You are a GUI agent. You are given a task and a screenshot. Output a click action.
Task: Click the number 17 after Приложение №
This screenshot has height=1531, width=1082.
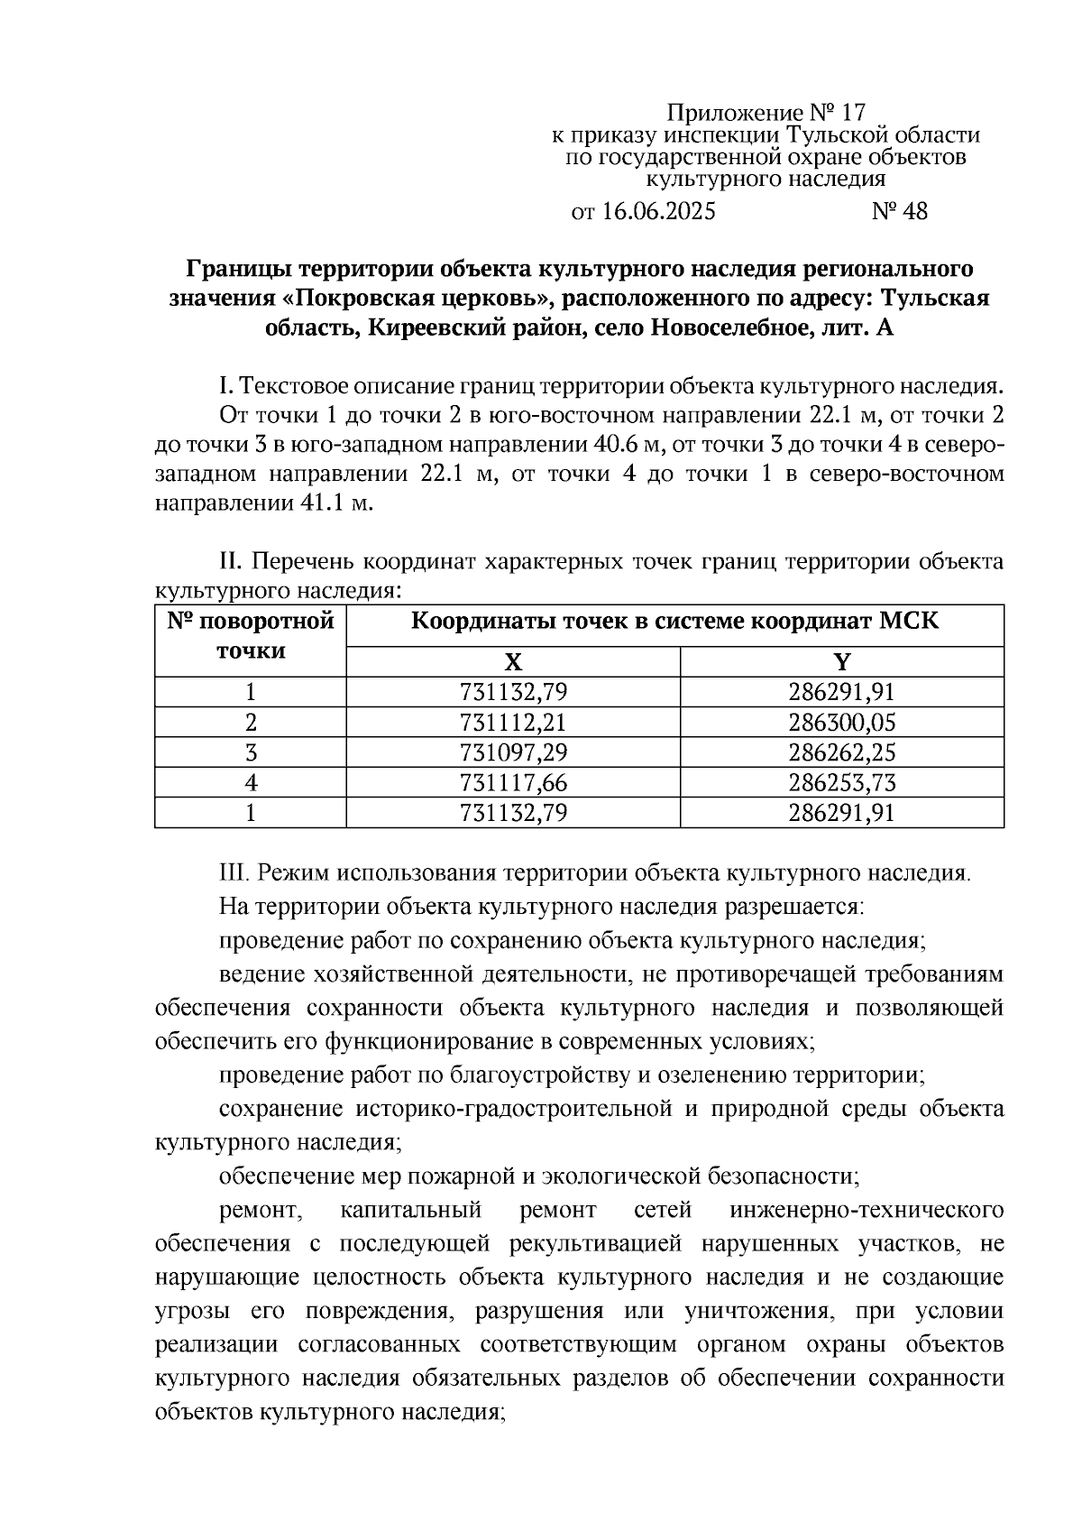[x=851, y=113]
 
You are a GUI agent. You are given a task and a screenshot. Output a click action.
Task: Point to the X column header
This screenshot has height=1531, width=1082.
[x=513, y=663]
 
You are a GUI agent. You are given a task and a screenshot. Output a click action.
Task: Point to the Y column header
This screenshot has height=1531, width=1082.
[x=841, y=663]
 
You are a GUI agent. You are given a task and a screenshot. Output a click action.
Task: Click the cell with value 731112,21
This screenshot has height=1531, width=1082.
[x=513, y=723]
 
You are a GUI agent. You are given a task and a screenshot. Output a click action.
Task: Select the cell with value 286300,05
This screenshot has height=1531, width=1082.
[x=841, y=723]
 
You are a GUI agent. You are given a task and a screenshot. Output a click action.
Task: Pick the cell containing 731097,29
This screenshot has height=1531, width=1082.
[x=513, y=752]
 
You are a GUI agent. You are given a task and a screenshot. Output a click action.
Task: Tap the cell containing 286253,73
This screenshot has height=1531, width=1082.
[x=841, y=782]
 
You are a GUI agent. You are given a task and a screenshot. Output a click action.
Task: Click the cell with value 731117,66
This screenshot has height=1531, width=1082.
[x=513, y=782]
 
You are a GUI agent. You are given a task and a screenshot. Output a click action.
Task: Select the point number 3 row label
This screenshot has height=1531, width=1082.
[x=251, y=752]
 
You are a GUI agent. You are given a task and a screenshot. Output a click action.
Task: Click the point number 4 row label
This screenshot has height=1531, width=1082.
[x=251, y=782]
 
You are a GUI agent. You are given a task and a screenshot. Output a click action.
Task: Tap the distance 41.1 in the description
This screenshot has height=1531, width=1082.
[x=318, y=503]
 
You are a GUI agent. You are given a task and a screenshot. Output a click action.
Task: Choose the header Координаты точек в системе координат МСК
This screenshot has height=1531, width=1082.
[x=674, y=623]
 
